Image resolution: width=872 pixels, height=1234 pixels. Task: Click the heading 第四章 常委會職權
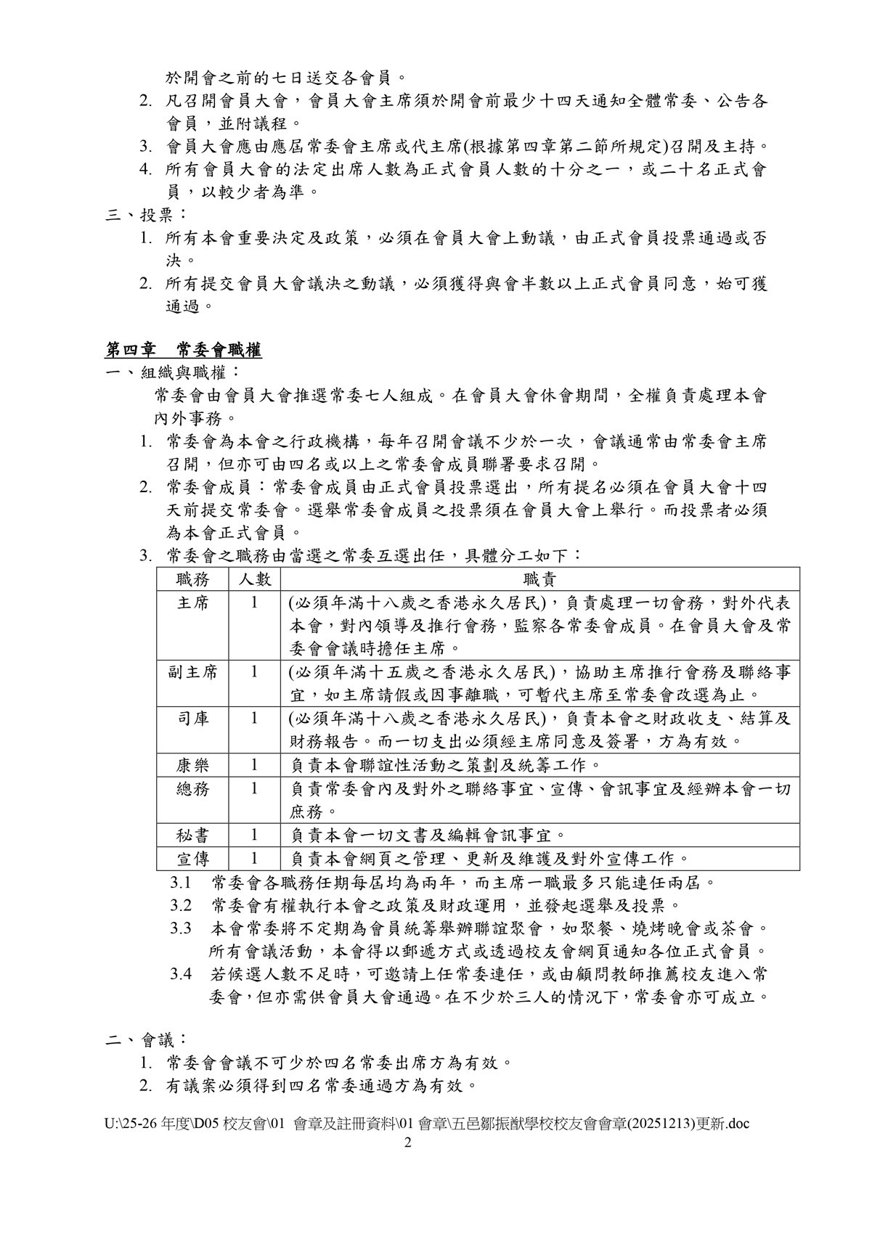tap(184, 351)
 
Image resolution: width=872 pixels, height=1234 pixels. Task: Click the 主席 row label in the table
tap(192, 602)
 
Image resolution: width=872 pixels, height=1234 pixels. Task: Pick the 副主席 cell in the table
tap(192, 671)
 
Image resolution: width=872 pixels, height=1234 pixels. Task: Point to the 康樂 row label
tap(192, 765)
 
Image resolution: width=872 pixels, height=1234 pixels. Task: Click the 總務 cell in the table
tap(192, 788)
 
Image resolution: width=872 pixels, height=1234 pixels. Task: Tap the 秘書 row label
tap(192, 835)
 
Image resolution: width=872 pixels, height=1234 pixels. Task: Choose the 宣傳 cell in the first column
tap(192, 859)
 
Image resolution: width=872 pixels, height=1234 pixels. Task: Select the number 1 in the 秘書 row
tap(254, 835)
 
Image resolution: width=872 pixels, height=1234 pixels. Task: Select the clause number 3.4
tap(181, 973)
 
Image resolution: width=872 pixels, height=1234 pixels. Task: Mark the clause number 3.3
tap(181, 928)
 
